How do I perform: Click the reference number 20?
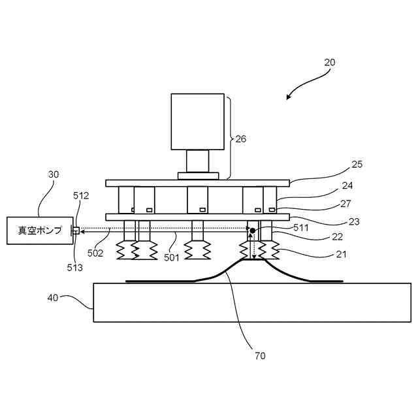pos(330,63)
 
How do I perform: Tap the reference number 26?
pos(242,138)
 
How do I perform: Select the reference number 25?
pos(357,165)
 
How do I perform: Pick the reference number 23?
pos(353,222)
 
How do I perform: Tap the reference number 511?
pos(301,228)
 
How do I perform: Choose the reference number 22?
pos(337,238)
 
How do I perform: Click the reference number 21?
pos(341,254)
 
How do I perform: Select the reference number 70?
pos(261,356)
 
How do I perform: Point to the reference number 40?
pos(53,297)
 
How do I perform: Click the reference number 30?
pos(54,174)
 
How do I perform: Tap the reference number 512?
pos(81,195)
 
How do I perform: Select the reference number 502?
pos(95,253)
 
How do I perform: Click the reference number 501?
pos(171,257)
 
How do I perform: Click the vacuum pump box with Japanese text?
pos(40,231)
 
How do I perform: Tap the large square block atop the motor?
pos(198,121)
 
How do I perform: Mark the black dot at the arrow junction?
pos(253,231)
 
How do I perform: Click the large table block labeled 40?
pos(252,302)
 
